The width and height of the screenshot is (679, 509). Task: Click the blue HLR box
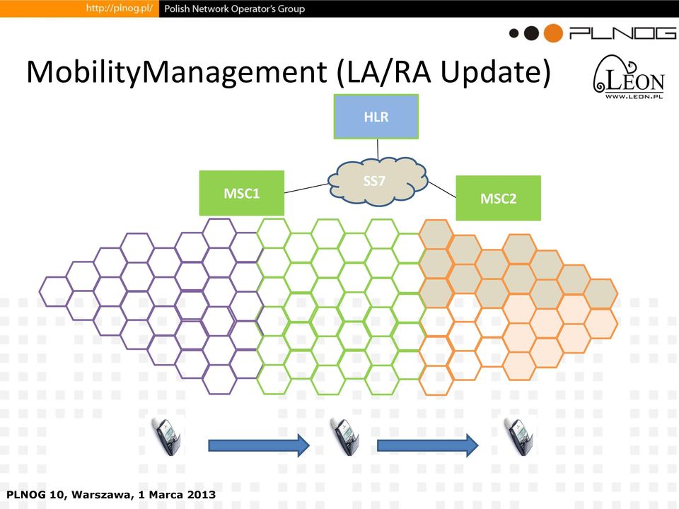tap(376, 117)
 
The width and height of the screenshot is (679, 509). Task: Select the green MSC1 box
tap(242, 193)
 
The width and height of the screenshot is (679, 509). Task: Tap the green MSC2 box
tap(499, 198)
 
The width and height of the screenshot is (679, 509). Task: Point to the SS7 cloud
tap(378, 181)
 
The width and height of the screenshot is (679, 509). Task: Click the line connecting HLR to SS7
tap(378, 149)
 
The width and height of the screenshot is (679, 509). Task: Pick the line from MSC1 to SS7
tap(306, 188)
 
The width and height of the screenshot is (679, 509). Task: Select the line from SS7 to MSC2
tap(441, 189)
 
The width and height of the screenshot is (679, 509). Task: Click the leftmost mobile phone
tap(167, 436)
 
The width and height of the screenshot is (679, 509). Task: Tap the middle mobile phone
tap(345, 436)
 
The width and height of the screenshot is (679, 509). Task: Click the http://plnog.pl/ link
tap(119, 8)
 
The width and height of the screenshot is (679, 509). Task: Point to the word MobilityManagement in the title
tap(177, 72)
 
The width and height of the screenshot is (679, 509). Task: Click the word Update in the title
tap(495, 72)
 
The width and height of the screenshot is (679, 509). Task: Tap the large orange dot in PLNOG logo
tap(553, 33)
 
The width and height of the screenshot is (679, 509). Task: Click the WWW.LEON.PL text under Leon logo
tap(634, 96)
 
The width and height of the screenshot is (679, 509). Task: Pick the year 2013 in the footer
tap(202, 494)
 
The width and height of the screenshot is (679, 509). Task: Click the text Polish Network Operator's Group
tap(235, 8)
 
